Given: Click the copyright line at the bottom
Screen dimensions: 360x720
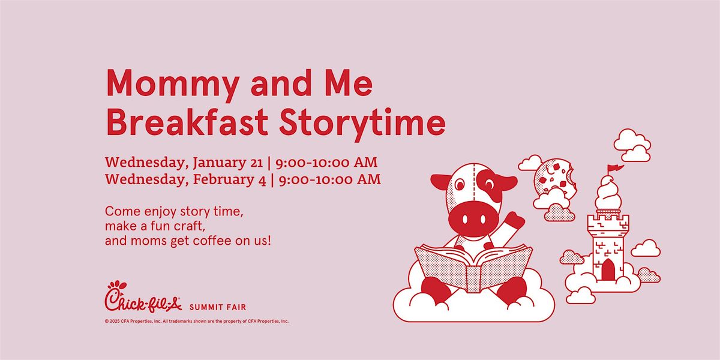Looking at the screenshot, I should coord(196,321).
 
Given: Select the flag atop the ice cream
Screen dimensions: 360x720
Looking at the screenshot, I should coord(616,169).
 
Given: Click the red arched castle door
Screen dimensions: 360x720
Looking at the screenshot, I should coord(608,269).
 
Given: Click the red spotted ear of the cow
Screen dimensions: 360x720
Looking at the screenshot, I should coord(502,182).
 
